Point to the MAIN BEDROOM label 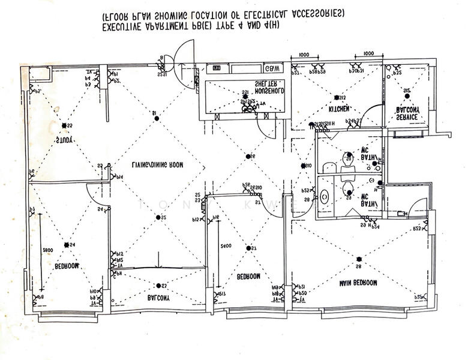(x=357, y=282)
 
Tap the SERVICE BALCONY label (x=406, y=113)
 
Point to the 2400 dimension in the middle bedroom (x=226, y=246)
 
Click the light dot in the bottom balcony (x=158, y=286)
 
